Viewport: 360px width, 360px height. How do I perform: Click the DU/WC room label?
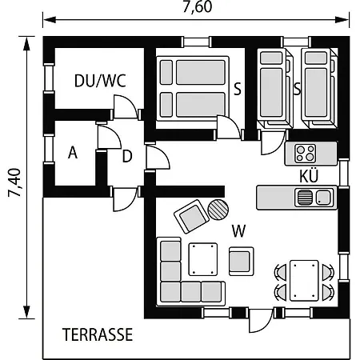[100, 81]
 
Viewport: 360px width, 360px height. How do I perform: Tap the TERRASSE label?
[98, 334]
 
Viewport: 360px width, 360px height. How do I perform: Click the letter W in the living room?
[238, 231]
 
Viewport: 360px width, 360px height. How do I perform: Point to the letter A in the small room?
[73, 153]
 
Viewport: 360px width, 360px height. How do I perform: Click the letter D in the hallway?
[127, 156]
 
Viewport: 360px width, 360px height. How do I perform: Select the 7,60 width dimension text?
[198, 6]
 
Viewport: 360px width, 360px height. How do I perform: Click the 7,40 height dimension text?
[14, 182]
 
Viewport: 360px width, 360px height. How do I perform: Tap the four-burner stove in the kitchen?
[306, 154]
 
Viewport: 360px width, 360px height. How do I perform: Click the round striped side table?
[218, 210]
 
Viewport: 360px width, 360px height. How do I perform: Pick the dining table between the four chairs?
[304, 281]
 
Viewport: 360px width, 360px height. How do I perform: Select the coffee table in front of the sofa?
[203, 259]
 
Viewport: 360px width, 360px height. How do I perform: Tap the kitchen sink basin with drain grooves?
[303, 197]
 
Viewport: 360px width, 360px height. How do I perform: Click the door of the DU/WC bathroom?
[125, 106]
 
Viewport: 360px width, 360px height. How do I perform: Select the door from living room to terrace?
[261, 321]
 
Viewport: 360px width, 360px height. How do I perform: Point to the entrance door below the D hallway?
[125, 199]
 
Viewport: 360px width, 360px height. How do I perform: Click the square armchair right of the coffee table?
[242, 261]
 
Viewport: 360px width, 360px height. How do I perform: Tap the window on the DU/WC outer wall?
[49, 78]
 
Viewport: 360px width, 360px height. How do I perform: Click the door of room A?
[110, 137]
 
